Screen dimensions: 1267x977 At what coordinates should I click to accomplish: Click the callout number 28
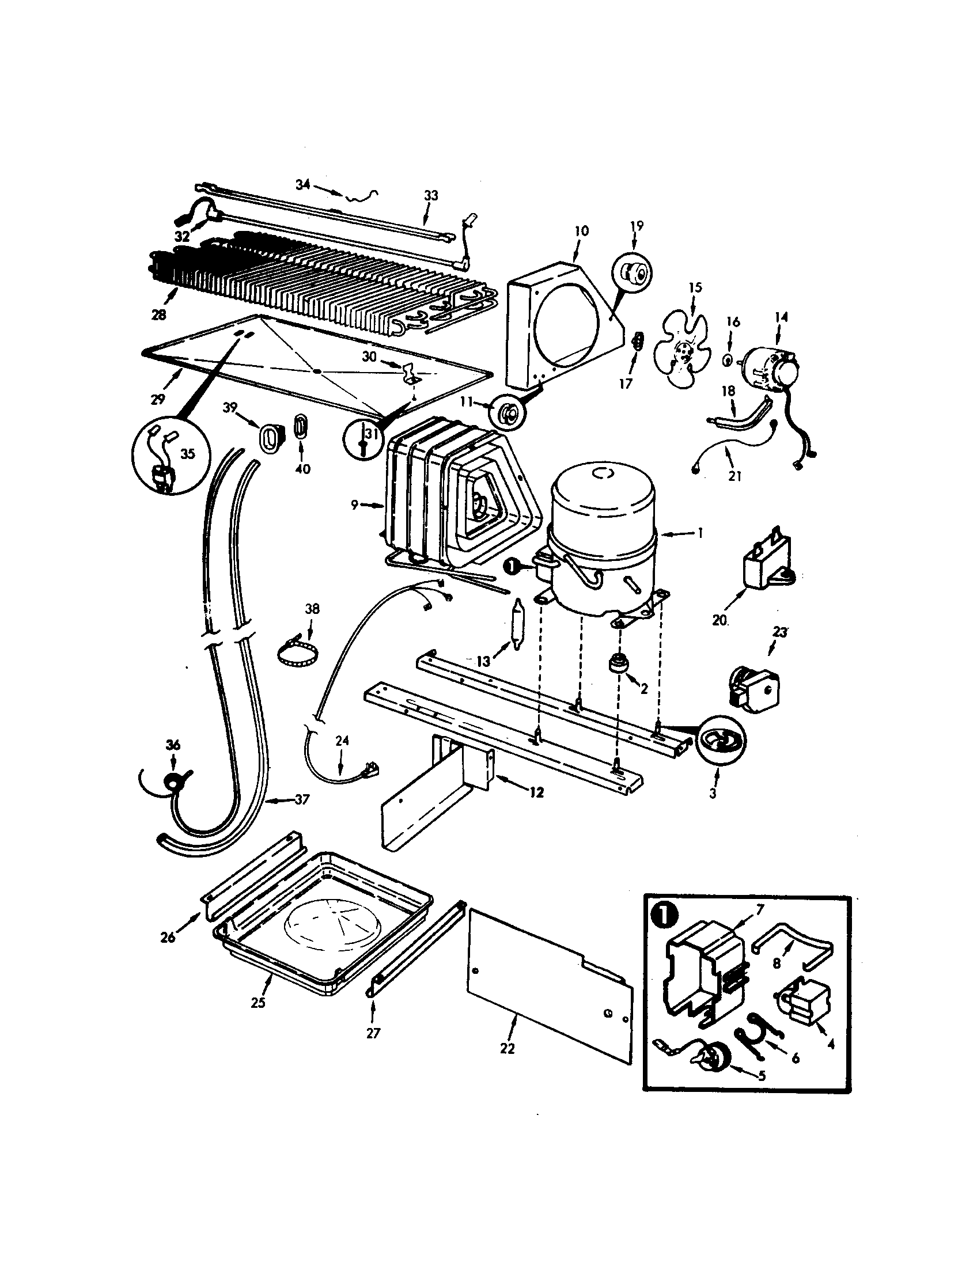point(158,314)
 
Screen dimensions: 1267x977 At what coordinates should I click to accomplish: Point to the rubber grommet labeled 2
point(619,663)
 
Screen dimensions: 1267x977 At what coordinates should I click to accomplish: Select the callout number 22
point(507,1049)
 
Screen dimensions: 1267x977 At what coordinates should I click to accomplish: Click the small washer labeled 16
point(726,360)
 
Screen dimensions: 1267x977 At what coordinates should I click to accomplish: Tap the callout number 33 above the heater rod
point(431,195)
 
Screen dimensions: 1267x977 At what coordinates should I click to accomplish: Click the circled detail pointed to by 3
point(720,741)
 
